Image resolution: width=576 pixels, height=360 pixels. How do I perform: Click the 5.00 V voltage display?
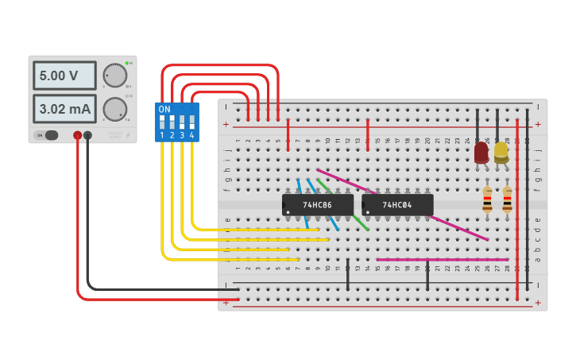pos(64,76)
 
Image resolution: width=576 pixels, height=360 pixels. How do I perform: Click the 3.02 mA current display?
pos(64,108)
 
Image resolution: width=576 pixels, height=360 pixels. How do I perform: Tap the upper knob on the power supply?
pos(115,76)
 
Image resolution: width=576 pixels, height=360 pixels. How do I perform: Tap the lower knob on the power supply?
pos(115,109)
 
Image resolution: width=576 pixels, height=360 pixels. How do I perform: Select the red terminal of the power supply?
pos(77,135)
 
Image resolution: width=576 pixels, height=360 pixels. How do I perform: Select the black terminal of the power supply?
pos(87,135)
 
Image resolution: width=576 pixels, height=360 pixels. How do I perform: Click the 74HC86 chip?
pos(317,205)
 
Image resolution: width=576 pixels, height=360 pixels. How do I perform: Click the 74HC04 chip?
pos(397,205)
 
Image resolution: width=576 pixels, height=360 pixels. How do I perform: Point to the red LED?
pos(481,153)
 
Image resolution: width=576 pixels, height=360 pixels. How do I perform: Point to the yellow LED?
pos(501,152)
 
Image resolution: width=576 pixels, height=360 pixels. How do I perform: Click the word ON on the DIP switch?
pos(164,109)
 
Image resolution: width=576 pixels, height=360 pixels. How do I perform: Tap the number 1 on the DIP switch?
pos(162,136)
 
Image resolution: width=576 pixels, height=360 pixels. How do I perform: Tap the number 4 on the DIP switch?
pos(192,136)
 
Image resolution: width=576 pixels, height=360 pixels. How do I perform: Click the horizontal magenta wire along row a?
pos(442,259)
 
